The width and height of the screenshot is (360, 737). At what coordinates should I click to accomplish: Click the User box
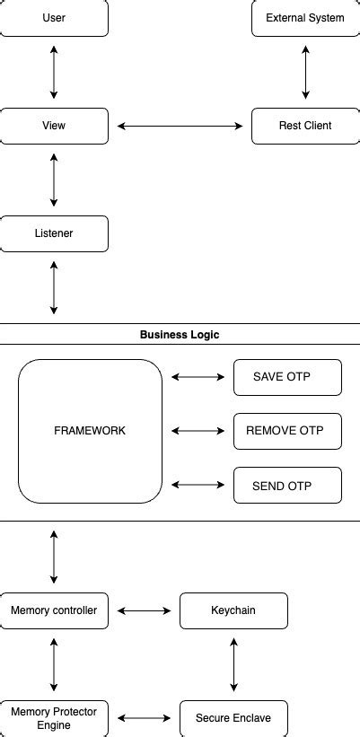[x=54, y=18]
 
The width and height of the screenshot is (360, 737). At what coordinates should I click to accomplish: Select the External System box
[x=305, y=18]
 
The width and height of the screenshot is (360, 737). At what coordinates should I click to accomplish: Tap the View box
[x=54, y=126]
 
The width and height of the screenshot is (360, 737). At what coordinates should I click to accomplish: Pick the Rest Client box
[x=305, y=126]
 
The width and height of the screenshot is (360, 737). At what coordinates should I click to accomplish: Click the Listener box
[x=54, y=233]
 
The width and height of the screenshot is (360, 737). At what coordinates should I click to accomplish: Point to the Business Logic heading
[x=180, y=334]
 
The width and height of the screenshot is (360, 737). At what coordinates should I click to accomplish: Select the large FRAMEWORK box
[x=90, y=431]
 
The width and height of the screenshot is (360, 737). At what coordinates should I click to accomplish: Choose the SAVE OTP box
[x=287, y=377]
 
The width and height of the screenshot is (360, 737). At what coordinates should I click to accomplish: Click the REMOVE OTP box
[x=287, y=431]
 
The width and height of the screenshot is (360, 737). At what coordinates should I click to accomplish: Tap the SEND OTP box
[x=287, y=485]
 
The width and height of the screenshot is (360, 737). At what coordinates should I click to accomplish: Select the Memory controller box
[x=54, y=610]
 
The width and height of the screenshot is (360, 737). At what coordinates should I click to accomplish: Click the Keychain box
[x=233, y=610]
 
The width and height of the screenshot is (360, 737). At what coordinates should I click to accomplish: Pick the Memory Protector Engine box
[x=54, y=718]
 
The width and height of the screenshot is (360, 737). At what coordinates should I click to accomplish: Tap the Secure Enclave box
[x=233, y=718]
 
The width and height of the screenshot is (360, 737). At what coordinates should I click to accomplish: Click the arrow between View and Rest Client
[x=180, y=126]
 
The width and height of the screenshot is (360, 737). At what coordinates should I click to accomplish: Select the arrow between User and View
[x=54, y=72]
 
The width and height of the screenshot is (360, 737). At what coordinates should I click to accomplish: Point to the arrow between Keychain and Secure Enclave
[x=233, y=664]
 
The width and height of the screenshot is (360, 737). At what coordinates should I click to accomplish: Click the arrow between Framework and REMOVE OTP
[x=198, y=431]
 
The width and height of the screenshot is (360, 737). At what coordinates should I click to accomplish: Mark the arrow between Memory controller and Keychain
[x=144, y=610]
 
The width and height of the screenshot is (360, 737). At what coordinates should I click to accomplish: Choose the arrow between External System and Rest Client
[x=305, y=72]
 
